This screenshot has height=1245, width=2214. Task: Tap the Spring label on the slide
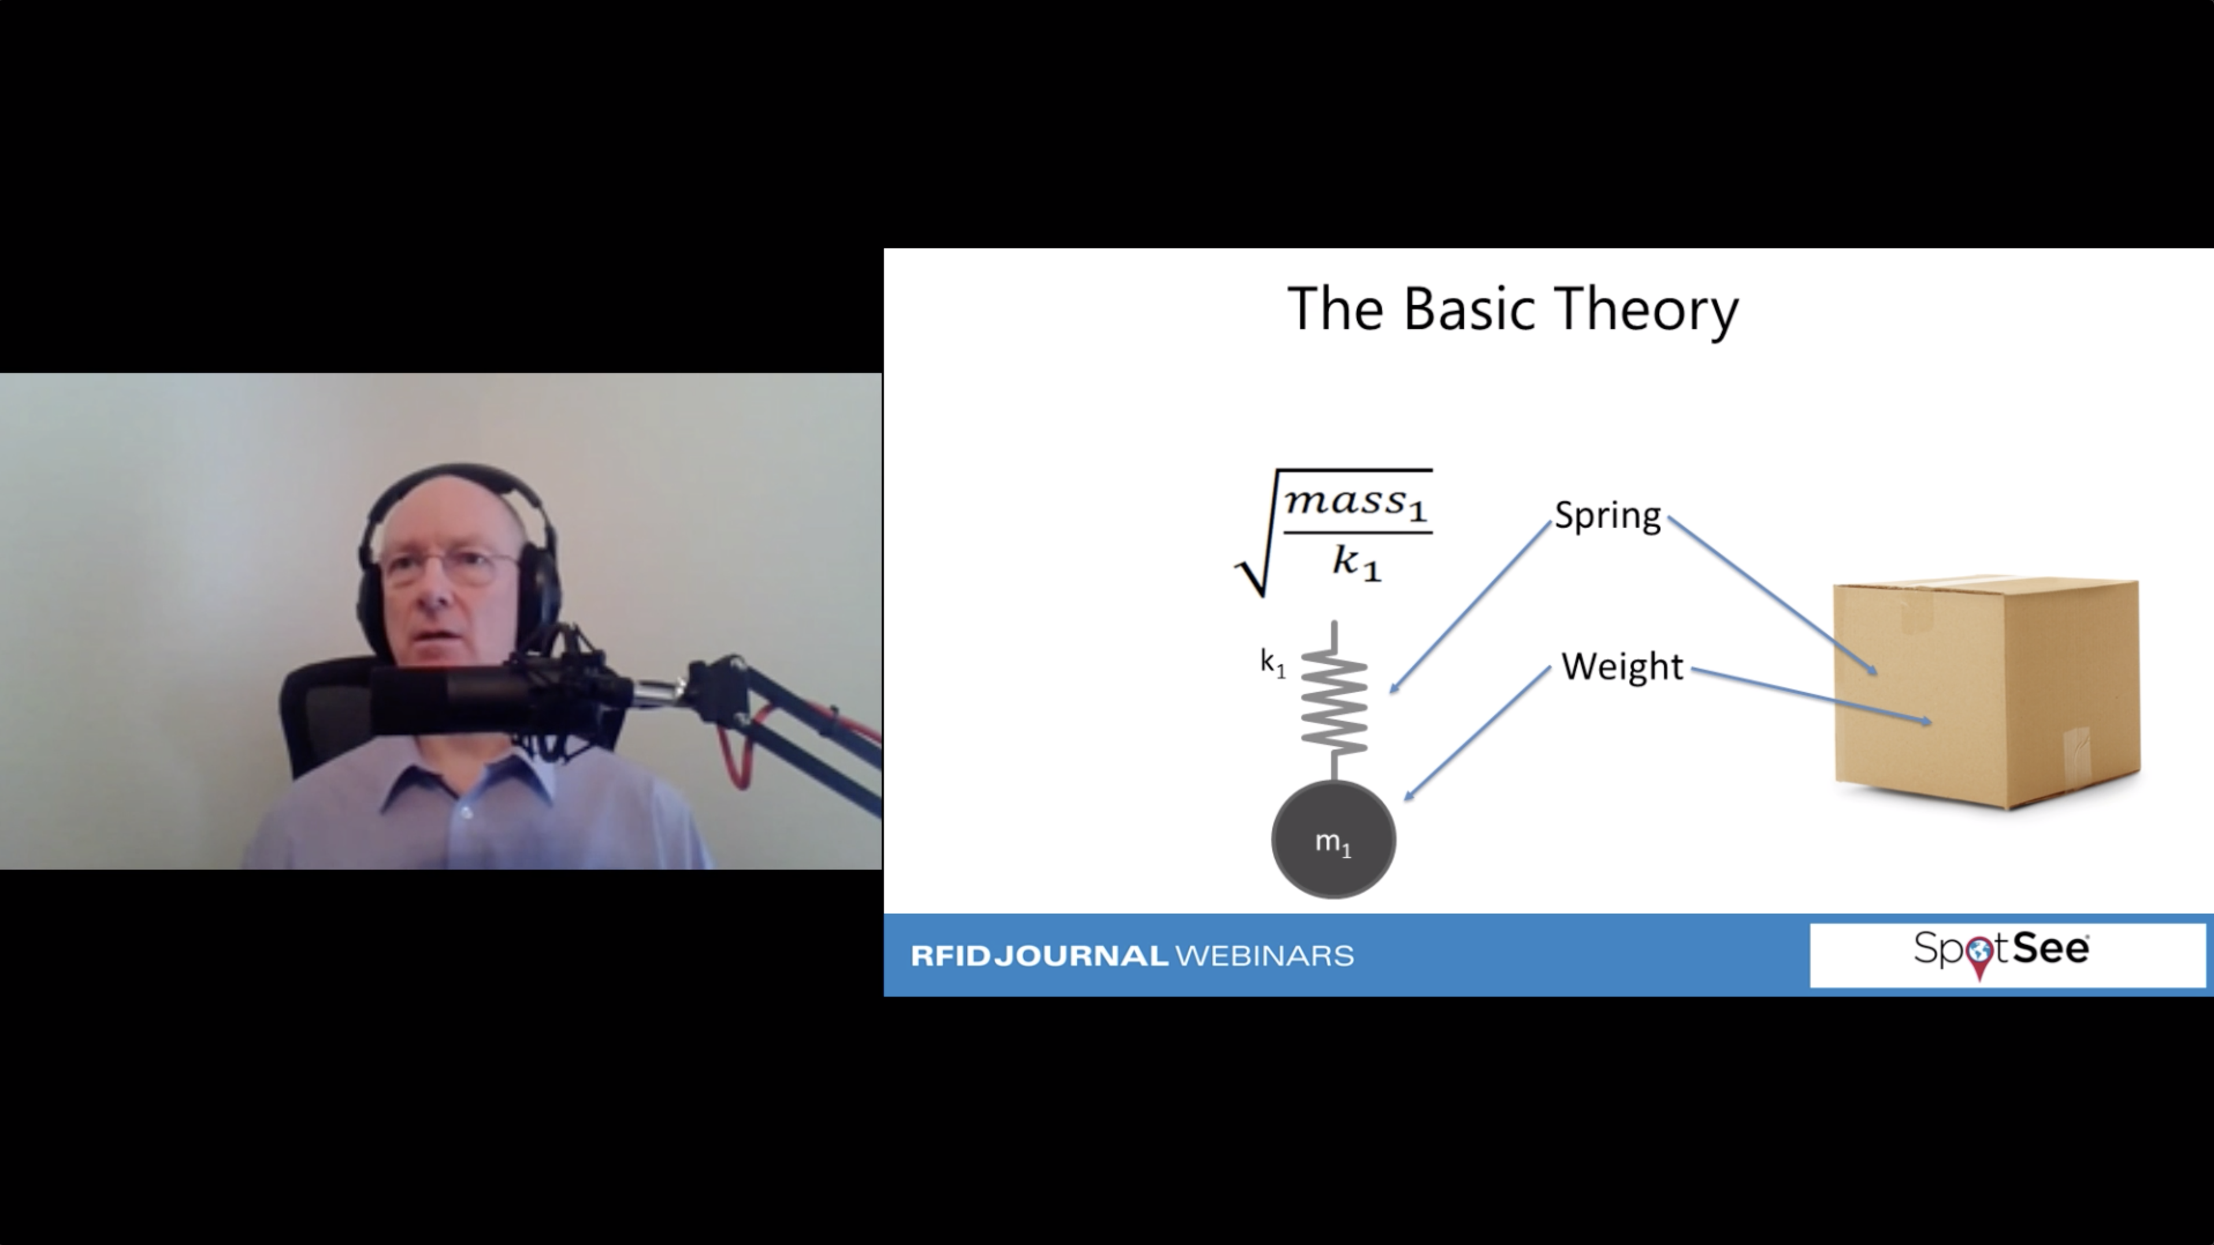pos(1607,516)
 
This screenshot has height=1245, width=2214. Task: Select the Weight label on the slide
pos(1622,667)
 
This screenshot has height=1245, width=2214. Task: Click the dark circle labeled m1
pos(1333,840)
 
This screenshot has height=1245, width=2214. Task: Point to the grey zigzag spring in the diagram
pos(1334,701)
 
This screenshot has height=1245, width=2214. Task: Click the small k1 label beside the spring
pos(1273,662)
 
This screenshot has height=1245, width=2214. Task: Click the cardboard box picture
pos(1986,692)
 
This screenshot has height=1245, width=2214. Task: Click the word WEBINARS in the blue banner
pos(1264,956)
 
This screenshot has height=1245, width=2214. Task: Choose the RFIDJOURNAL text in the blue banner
pos(1039,956)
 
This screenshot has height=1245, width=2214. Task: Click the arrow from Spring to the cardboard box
pos(1772,595)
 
